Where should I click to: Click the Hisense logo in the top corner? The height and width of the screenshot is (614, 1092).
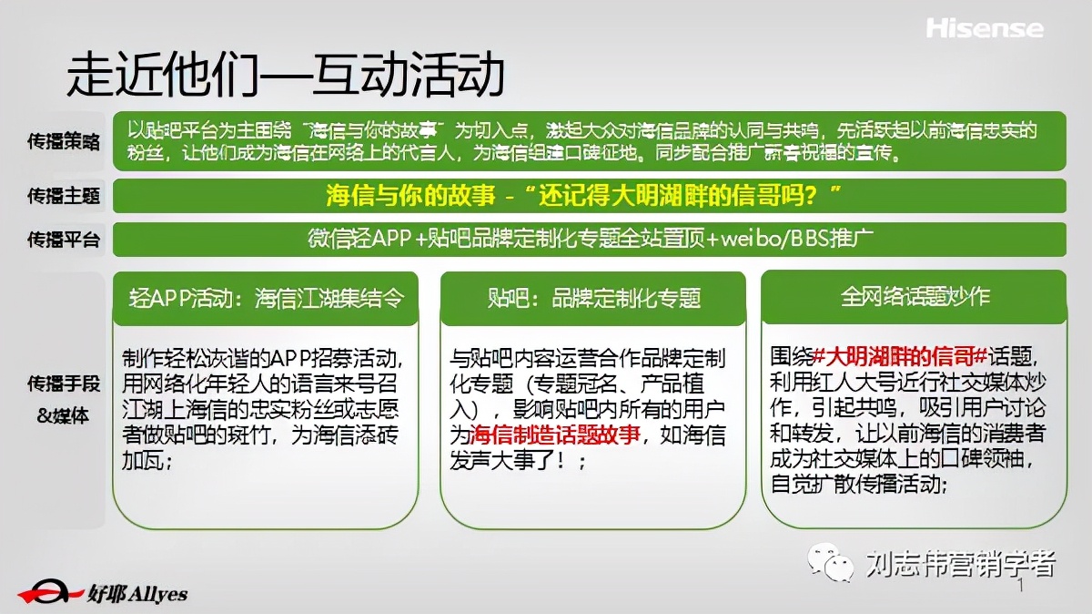[985, 28]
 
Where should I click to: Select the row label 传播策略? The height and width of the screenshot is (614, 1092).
[64, 142]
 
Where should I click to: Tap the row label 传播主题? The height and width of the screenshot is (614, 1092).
[64, 195]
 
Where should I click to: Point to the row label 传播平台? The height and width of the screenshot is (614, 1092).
[64, 240]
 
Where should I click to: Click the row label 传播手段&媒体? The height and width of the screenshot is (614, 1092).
[64, 401]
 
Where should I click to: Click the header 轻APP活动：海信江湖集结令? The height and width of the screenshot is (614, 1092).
[266, 298]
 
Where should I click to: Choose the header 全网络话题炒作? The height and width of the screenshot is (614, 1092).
[915, 297]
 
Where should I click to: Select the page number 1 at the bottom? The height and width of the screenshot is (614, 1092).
[1020, 588]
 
